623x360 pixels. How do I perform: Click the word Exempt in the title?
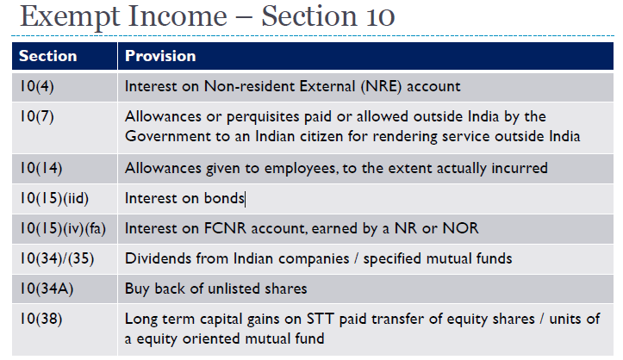[x=70, y=17]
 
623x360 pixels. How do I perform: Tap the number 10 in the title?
[x=380, y=16]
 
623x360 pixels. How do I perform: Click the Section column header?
[x=47, y=56]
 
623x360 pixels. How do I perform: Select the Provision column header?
[x=160, y=56]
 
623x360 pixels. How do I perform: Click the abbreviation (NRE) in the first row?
[x=382, y=86]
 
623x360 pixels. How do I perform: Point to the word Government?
[x=167, y=136]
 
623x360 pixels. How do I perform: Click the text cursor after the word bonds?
[x=246, y=199]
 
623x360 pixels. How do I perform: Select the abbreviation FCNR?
[x=225, y=228]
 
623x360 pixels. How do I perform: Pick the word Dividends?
[x=159, y=258]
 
